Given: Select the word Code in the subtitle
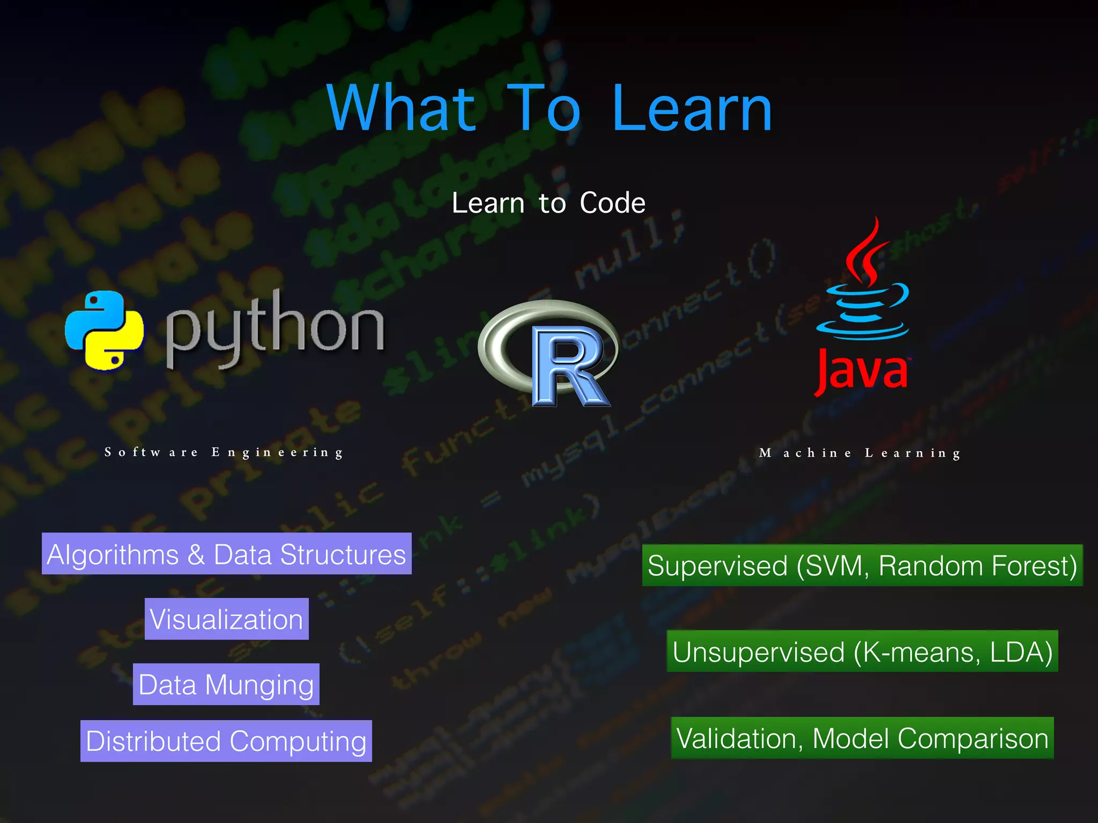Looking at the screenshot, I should coord(612,203).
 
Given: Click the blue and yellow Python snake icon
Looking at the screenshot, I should coord(104,330).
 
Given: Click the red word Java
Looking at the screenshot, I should coord(861,371).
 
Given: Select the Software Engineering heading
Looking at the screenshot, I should coord(224,452).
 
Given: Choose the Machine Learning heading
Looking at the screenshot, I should coord(860,453).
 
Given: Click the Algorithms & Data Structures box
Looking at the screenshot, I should coord(226,554).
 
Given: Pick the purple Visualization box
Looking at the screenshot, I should coord(226,619).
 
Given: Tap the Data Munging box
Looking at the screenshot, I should coord(226,685).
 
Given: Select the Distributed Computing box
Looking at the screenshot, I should coord(226,741).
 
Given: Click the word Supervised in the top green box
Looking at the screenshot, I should coord(717,566).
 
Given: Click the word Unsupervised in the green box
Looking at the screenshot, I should coord(758,652).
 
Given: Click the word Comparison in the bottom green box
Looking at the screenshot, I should coord(973,738).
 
